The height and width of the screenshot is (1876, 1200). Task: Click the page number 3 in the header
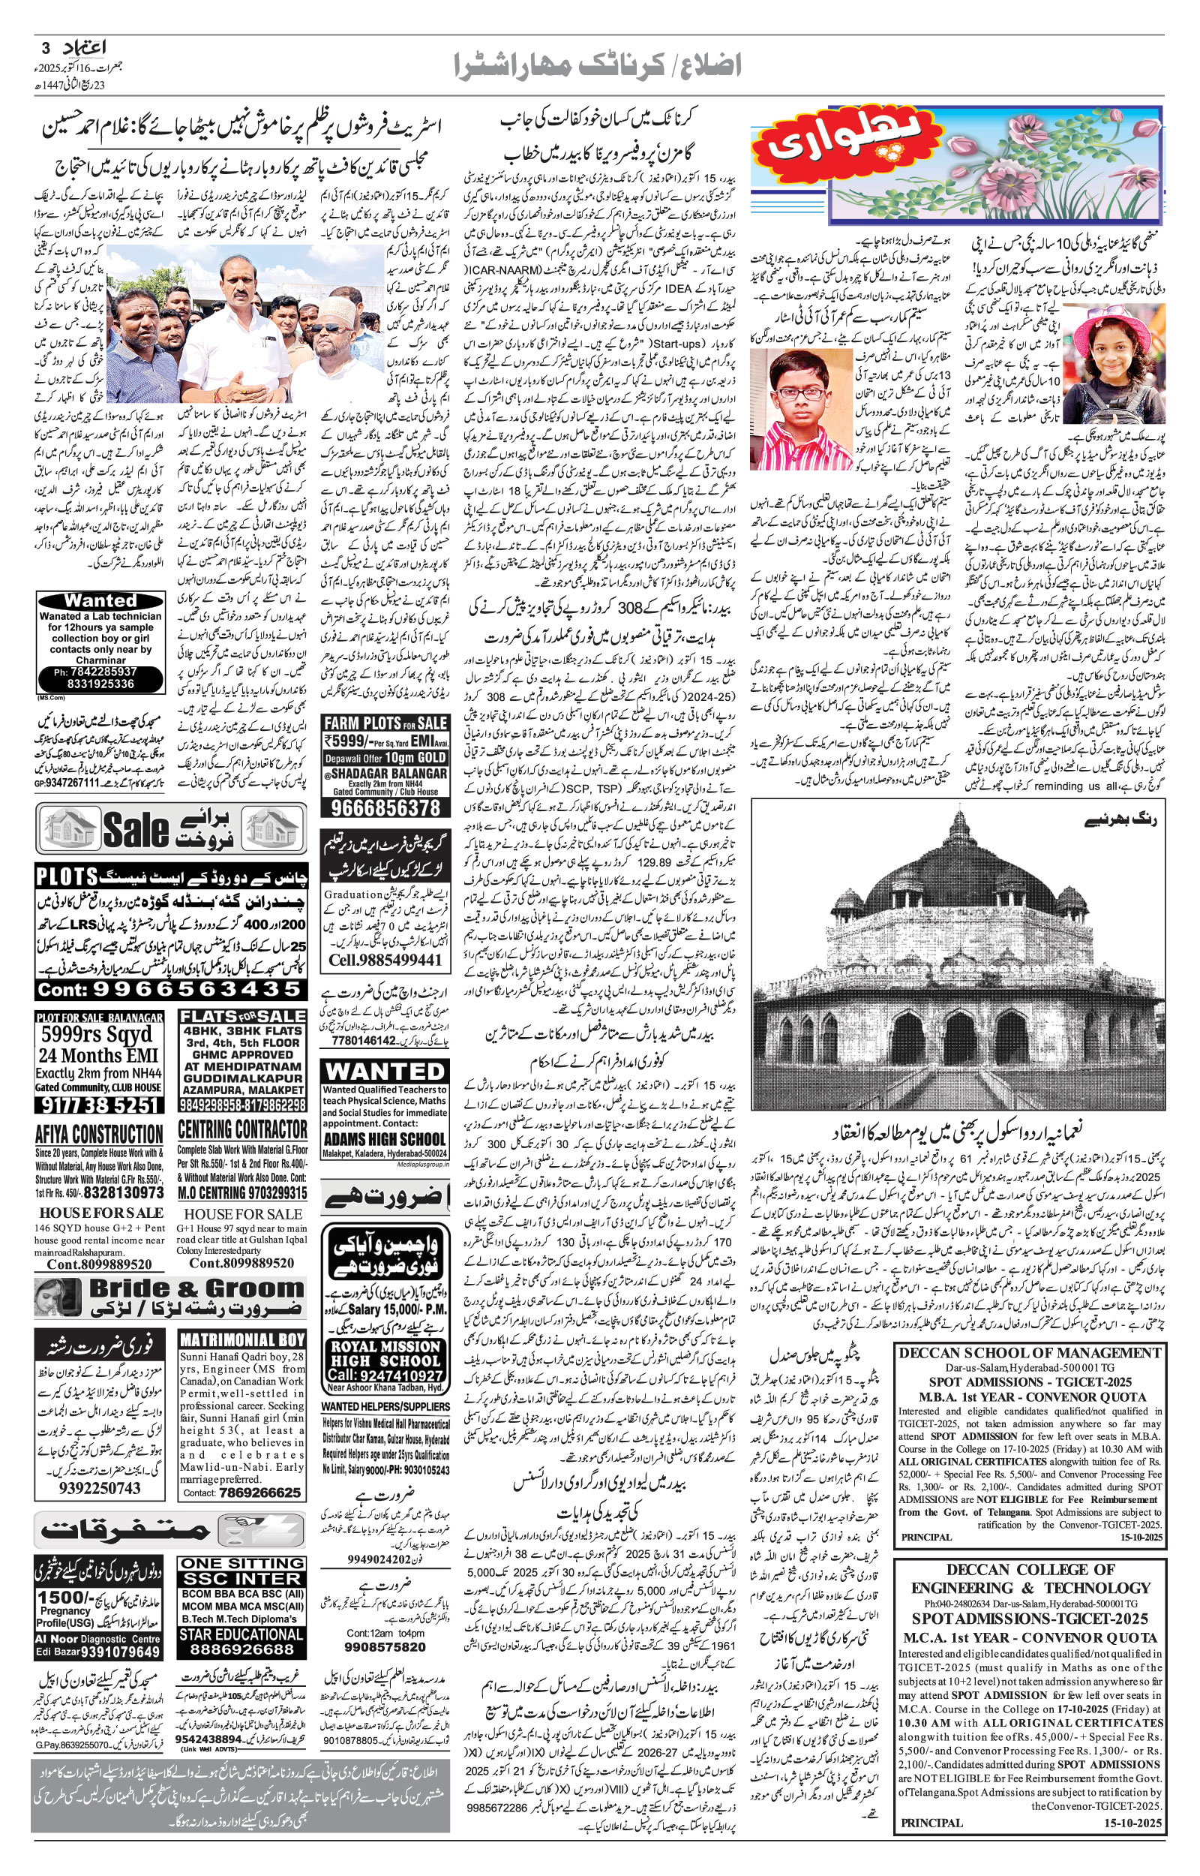45,48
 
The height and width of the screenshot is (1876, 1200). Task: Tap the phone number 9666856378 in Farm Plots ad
385,807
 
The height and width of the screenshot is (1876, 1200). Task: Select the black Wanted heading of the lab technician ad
100,600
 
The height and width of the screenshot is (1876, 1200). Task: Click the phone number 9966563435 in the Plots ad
169,989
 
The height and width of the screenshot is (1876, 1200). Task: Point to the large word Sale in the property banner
136,829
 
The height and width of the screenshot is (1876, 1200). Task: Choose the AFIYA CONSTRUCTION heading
99,1134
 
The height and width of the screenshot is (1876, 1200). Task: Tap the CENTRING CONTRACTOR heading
242,1129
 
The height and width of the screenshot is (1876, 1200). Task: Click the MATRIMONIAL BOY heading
242,1340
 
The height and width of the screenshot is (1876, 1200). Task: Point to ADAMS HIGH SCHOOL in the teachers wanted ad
385,1138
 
